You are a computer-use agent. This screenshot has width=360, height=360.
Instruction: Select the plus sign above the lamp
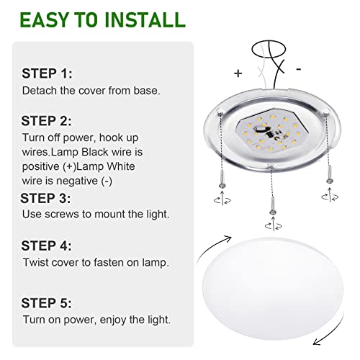click(x=238, y=73)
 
